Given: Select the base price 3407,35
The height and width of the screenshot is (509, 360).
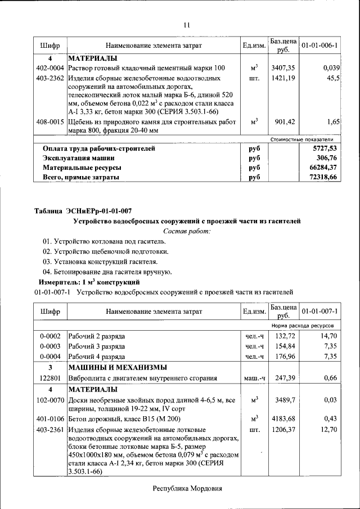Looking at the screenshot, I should (x=283, y=68).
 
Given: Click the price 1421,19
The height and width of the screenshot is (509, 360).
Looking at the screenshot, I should (x=283, y=78).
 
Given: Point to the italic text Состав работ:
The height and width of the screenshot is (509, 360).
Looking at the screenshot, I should (x=187, y=231).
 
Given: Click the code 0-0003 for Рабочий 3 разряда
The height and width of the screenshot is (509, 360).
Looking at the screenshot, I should (x=50, y=346).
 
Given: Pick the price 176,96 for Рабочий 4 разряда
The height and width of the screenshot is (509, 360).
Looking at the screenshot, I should (x=283, y=356).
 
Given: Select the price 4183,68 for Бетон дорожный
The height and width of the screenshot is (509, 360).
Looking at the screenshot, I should (x=283, y=419).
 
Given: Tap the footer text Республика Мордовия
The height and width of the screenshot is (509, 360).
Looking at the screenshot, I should (x=187, y=489).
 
